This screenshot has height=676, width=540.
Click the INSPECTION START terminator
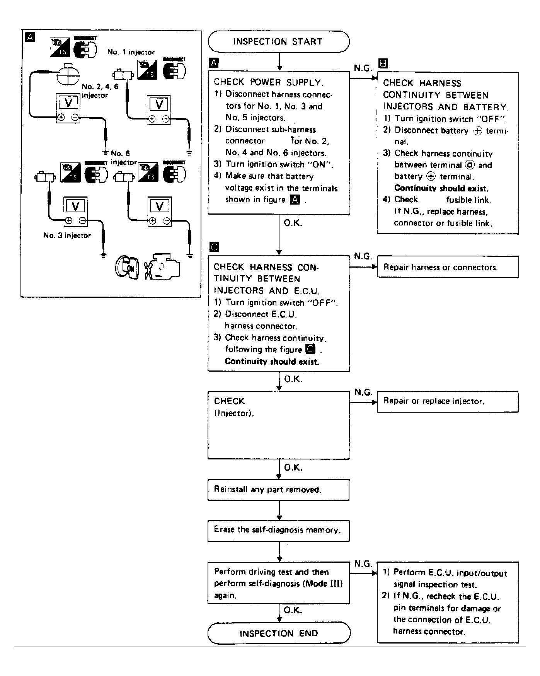tap(278, 42)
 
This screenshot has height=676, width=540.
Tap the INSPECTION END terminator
tap(279, 633)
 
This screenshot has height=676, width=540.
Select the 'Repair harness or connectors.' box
tap(448, 267)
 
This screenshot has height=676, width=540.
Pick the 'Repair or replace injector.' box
tap(448, 401)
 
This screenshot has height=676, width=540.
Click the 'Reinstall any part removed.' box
tap(278, 490)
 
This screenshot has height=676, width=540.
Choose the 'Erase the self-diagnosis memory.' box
tap(278, 530)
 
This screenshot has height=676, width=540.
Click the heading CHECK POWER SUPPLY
tap(268, 82)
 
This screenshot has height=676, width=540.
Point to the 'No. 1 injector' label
tap(131, 52)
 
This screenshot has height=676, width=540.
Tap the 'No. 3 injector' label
tap(67, 236)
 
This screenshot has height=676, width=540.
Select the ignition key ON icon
tap(126, 267)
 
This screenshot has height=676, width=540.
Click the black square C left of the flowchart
tap(214, 247)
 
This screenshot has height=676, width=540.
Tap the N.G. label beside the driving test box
tap(363, 564)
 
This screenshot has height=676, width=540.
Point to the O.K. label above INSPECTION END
tap(293, 610)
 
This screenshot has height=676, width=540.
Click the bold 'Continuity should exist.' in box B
tap(441, 188)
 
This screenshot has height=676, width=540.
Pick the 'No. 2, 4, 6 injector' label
tap(100, 91)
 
